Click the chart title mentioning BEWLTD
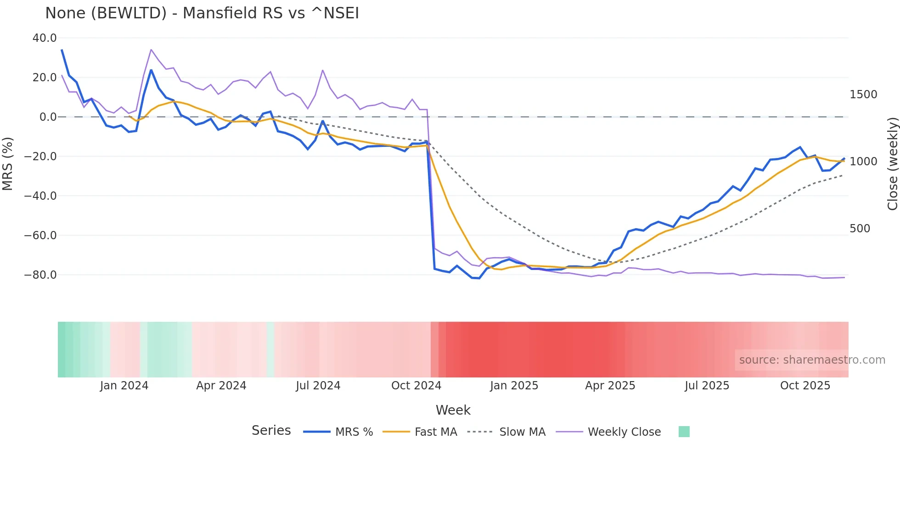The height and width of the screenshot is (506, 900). click(202, 13)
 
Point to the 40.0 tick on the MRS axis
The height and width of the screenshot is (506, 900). click(45, 38)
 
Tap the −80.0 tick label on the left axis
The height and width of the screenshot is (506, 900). click(40, 275)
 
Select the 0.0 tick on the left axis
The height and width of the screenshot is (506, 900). click(48, 117)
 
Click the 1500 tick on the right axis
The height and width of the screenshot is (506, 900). click(863, 95)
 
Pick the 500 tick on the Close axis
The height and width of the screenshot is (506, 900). click(860, 229)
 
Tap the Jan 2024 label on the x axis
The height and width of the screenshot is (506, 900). click(124, 386)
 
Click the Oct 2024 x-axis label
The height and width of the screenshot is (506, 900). click(416, 386)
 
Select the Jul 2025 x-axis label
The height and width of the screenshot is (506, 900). click(707, 386)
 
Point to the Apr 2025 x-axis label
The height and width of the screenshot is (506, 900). click(610, 386)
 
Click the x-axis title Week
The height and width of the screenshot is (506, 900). click(453, 410)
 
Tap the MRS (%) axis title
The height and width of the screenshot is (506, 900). click(7, 163)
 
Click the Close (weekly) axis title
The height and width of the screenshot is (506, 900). click(892, 163)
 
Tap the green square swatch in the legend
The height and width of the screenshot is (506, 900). click(684, 432)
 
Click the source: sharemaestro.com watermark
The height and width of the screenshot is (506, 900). click(812, 360)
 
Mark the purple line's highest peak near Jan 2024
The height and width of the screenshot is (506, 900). click(151, 50)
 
